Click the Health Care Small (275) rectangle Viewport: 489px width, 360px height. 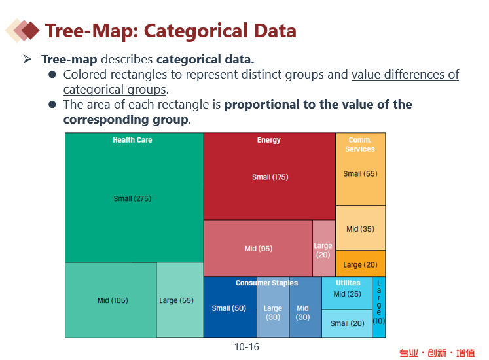click(134, 198)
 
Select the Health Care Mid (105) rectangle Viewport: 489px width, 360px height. click(111, 300)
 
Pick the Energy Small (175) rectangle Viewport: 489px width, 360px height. click(270, 177)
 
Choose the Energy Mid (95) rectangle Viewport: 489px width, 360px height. click(258, 249)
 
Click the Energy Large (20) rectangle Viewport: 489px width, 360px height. click(323, 249)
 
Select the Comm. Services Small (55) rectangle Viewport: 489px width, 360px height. click(360, 174)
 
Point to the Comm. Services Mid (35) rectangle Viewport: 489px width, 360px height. click(360, 229)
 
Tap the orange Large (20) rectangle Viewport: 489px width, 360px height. click(360, 264)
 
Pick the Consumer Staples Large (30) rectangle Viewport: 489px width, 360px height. click(273, 313)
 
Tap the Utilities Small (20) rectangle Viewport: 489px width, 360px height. click(347, 323)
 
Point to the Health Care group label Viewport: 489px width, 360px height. click(132, 140)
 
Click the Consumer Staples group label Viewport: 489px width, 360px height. click(266, 283)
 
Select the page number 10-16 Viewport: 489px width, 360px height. click(247, 347)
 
